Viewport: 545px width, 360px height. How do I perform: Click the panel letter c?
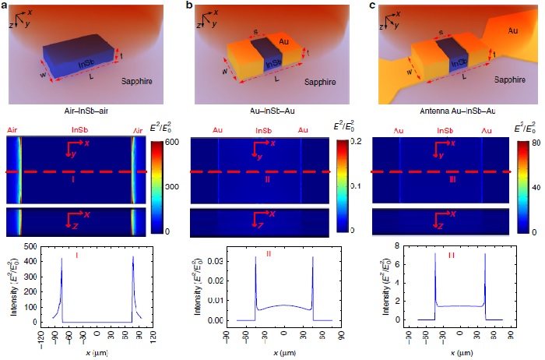click(372, 6)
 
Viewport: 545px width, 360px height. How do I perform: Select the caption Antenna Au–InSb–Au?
click(447, 111)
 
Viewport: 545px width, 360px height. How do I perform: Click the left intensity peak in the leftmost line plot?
click(62, 259)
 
